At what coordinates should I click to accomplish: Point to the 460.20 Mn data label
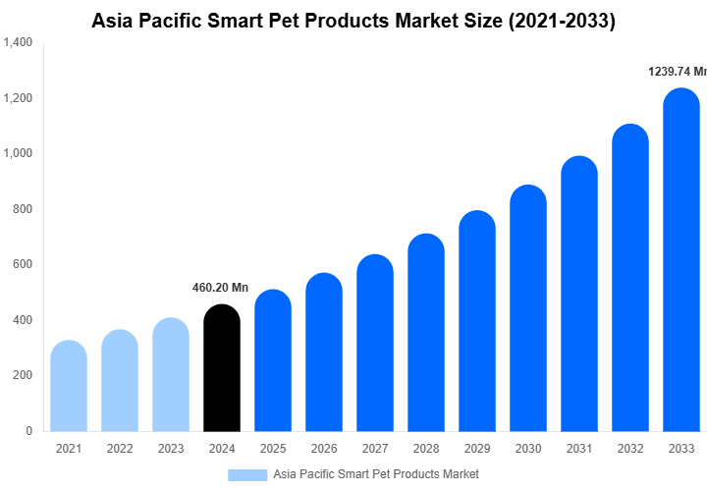(221, 288)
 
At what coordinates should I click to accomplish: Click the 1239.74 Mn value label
(677, 72)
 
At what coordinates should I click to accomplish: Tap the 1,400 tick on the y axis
(18, 43)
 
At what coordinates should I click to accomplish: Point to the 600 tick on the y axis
(23, 265)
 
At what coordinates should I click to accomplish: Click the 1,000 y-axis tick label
(18, 154)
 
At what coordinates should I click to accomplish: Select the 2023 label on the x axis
(171, 449)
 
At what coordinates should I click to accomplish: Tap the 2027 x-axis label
(375, 449)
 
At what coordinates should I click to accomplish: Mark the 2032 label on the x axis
(630, 449)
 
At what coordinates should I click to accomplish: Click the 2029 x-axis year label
(477, 449)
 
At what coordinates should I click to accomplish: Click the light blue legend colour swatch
(247, 475)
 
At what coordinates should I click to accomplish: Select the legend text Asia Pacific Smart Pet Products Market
(376, 475)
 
